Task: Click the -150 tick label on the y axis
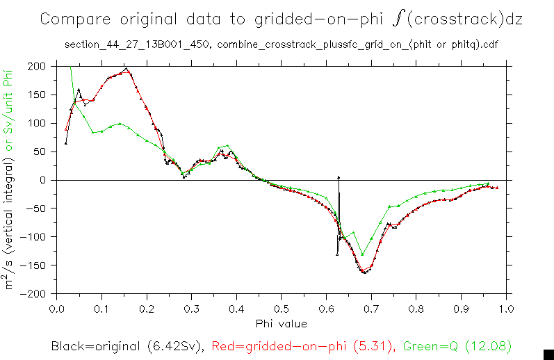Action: click(33, 265)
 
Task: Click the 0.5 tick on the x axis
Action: click(281, 308)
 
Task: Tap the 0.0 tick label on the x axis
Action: click(57, 308)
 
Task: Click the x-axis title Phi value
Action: click(281, 323)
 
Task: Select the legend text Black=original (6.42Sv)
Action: click(127, 345)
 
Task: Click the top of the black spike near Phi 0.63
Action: click(339, 178)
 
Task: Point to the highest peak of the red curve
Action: click(127, 70)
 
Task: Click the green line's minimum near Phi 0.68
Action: click(362, 254)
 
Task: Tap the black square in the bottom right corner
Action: click(548, 354)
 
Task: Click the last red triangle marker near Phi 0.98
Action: click(496, 188)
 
